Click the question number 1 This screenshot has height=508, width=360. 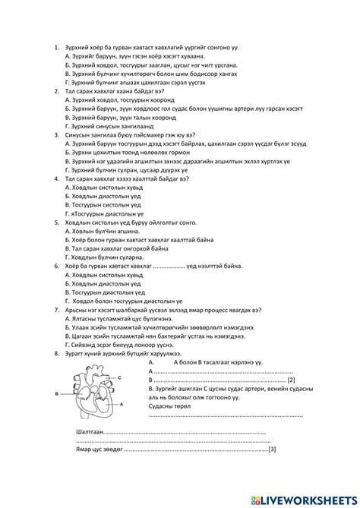pyautogui.click(x=57, y=47)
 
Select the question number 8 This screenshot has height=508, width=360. pyautogui.click(x=57, y=353)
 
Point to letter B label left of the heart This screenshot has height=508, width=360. pyautogui.click(x=57, y=393)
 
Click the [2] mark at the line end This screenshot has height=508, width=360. pyautogui.click(x=291, y=380)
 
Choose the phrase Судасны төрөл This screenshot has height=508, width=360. pyautogui.click(x=166, y=405)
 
